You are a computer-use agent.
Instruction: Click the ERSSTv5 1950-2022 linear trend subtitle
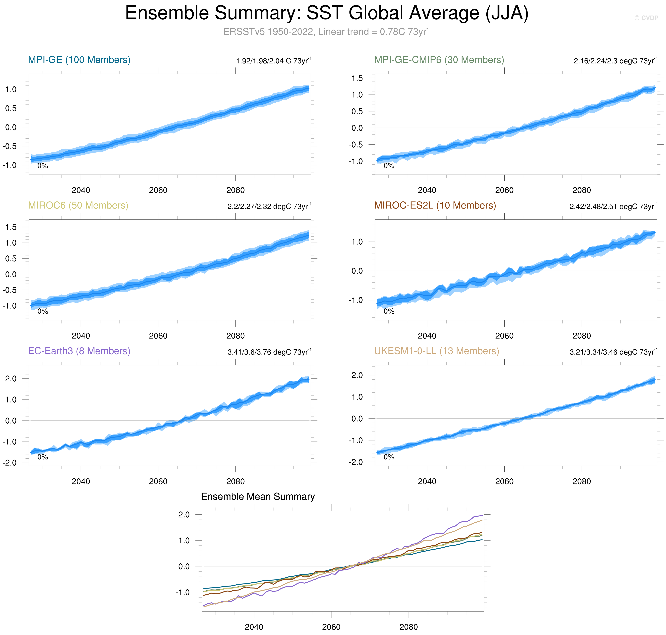[327, 32]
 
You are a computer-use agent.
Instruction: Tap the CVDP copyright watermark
[646, 18]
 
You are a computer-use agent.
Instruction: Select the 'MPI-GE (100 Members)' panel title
[79, 60]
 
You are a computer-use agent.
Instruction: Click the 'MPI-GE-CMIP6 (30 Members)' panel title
[439, 60]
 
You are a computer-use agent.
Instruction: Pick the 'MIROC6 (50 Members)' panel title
[78, 205]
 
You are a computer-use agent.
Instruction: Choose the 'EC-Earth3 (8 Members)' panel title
[79, 351]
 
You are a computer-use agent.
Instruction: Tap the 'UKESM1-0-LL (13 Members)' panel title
[436, 351]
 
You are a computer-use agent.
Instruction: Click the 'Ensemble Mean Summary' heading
[258, 497]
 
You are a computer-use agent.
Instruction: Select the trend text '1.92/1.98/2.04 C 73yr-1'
[273, 61]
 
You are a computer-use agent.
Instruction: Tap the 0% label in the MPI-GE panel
[43, 166]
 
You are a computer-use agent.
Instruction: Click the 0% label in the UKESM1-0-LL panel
[389, 457]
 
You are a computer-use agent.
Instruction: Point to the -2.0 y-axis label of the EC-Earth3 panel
[10, 463]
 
